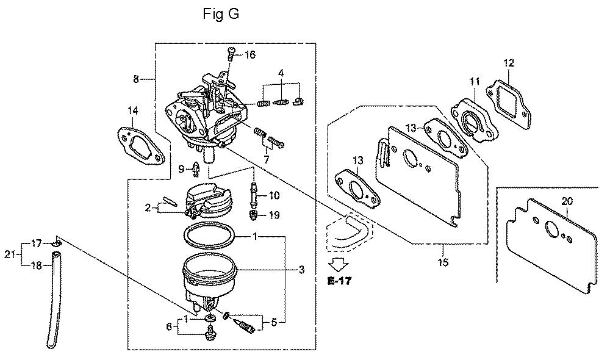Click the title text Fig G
[x=221, y=14]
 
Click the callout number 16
[x=249, y=55]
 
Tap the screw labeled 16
[x=231, y=53]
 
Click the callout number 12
[x=509, y=63]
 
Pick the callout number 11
[x=475, y=82]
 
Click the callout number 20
[x=567, y=201]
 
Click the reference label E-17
[x=339, y=281]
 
